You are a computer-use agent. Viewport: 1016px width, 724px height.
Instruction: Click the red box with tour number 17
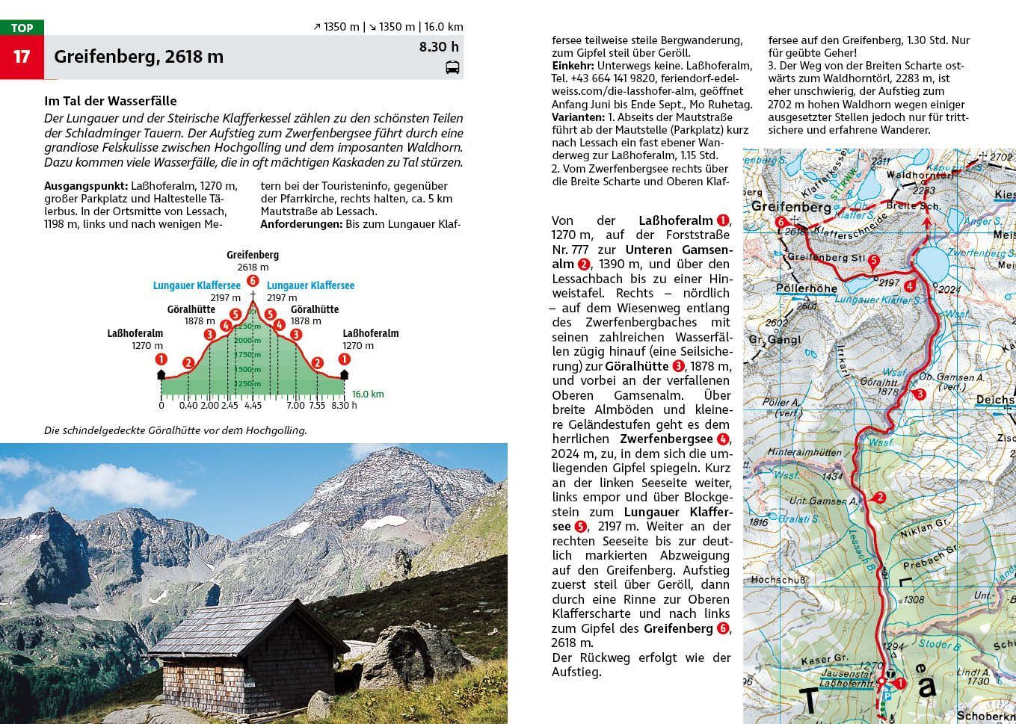pos(22,57)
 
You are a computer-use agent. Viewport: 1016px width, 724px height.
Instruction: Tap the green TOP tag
pos(22,28)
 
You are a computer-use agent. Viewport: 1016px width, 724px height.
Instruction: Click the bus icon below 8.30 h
pos(452,68)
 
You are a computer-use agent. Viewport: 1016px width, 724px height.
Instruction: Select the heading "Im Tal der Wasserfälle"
pos(111,101)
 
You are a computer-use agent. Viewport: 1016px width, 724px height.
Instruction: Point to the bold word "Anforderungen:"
pos(301,223)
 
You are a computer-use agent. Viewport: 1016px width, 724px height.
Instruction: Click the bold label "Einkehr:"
pos(573,66)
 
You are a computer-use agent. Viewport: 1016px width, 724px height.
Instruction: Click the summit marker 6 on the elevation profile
pos(253,281)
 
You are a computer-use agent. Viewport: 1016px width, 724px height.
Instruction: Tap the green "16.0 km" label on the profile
pos(368,394)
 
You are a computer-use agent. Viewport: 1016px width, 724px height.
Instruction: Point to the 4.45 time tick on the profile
pos(253,406)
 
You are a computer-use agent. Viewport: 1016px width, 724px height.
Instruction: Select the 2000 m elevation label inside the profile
pos(247,341)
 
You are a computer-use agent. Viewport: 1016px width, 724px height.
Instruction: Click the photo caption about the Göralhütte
pos(176,430)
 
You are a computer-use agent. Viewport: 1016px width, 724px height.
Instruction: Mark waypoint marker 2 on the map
pos(880,498)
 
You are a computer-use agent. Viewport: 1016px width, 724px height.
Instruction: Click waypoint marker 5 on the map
pos(873,260)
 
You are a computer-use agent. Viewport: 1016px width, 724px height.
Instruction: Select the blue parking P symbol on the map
pos(887,696)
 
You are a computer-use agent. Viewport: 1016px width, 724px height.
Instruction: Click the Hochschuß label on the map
pos(778,579)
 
